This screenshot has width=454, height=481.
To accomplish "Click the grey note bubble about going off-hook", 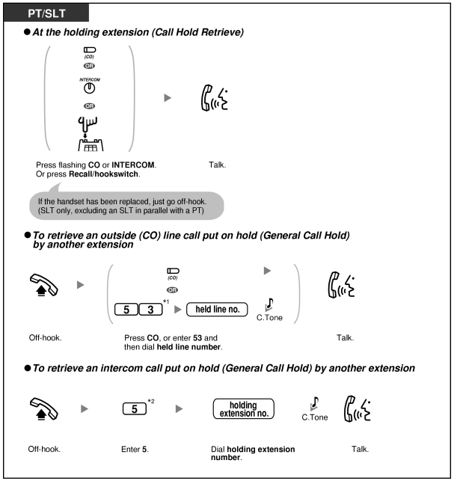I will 127,204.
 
